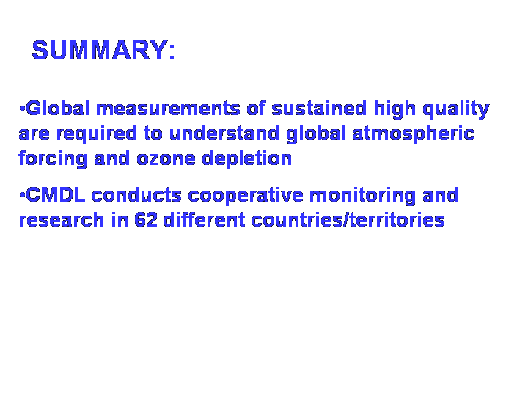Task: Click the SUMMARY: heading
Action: coord(103,50)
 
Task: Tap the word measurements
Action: coord(168,109)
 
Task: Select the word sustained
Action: coord(319,109)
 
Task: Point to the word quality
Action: coord(456,110)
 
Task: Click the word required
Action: coord(97,134)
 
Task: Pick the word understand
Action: coord(224,133)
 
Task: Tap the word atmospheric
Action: coord(414,134)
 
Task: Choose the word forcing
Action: coord(53,159)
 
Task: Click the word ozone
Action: coord(166,159)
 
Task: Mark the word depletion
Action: coord(247,159)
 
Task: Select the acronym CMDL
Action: coord(55,195)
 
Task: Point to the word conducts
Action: coord(136,195)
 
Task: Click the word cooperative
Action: coord(246,197)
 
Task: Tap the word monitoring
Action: coord(363,197)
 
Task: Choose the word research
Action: coord(62,220)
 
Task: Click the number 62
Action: coord(146,220)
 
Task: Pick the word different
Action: coord(204,220)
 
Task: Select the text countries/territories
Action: coord(348,220)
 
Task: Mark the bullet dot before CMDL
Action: coord(22,194)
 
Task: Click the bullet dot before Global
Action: coord(22,109)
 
